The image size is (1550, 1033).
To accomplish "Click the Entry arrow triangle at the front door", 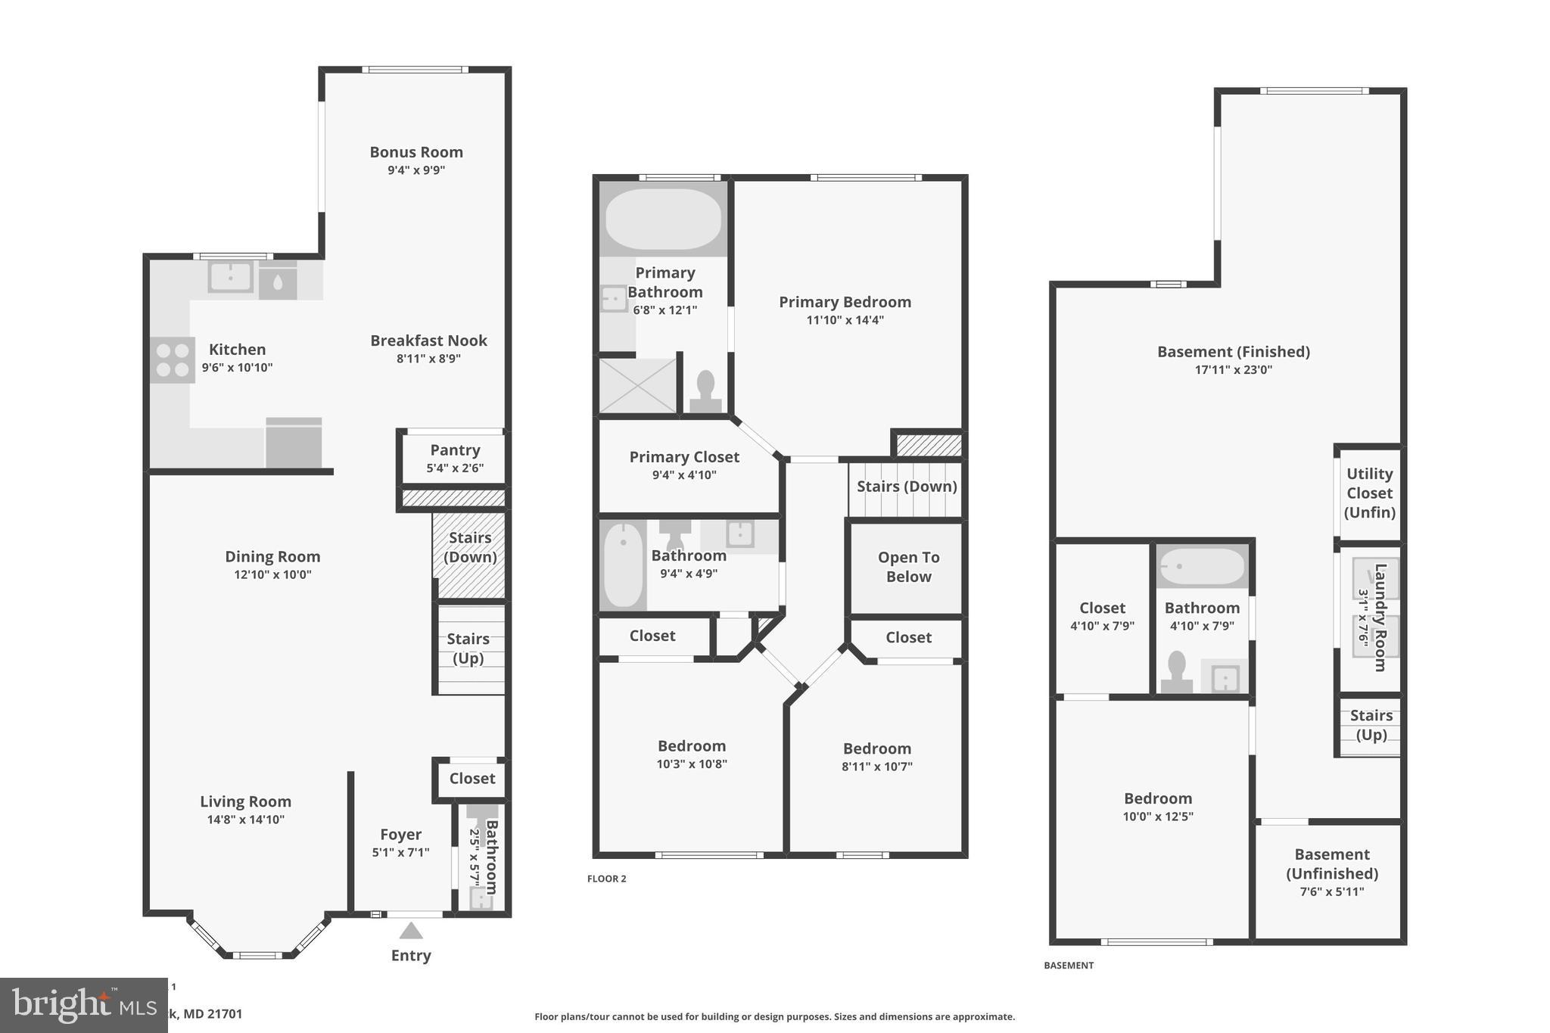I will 410,931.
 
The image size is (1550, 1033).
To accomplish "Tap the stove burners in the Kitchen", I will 172,360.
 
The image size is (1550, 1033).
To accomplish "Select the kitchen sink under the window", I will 230,277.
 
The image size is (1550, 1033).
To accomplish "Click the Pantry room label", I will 455,450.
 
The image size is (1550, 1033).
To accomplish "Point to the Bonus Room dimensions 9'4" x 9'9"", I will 416,170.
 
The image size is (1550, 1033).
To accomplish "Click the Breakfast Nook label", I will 428,341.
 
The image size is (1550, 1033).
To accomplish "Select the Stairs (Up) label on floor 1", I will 468,649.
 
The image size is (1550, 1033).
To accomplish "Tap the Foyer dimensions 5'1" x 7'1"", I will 400,852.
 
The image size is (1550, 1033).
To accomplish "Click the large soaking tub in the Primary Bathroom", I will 663,219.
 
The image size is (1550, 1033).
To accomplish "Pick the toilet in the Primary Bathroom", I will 705,390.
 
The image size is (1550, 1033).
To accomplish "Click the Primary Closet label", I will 684,457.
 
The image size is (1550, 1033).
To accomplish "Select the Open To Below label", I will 908,567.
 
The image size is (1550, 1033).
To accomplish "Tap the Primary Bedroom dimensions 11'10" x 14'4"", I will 845,320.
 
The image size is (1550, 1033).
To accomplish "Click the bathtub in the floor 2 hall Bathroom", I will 623,564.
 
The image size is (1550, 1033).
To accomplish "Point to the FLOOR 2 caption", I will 606,879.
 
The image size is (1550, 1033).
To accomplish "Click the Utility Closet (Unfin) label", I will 1369,493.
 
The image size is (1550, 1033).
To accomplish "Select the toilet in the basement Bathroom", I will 1176,671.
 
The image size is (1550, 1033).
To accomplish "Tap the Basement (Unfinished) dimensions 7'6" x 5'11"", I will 1331,891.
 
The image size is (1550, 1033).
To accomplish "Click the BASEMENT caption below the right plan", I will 1068,966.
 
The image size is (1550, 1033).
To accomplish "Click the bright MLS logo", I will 83,1005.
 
